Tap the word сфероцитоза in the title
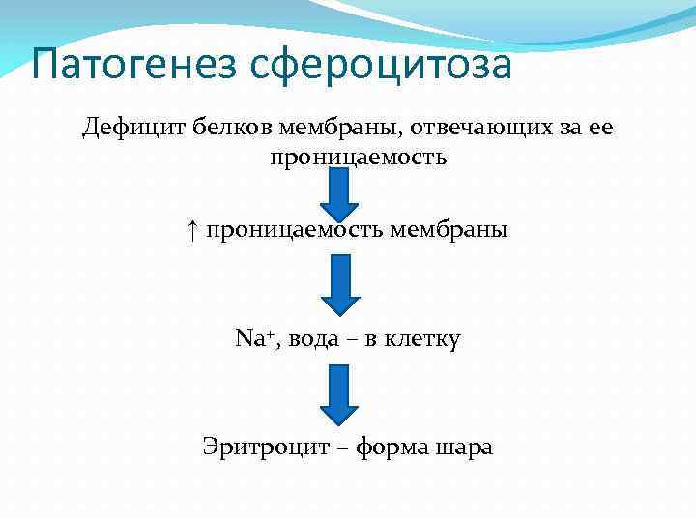coord(380,65)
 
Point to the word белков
coord(232,127)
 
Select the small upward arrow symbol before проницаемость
coord(193,231)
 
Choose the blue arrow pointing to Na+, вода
coord(339,286)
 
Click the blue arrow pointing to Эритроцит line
coord(339,394)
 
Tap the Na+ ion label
coord(251,339)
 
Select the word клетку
coord(422,339)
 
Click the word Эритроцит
coord(260,448)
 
